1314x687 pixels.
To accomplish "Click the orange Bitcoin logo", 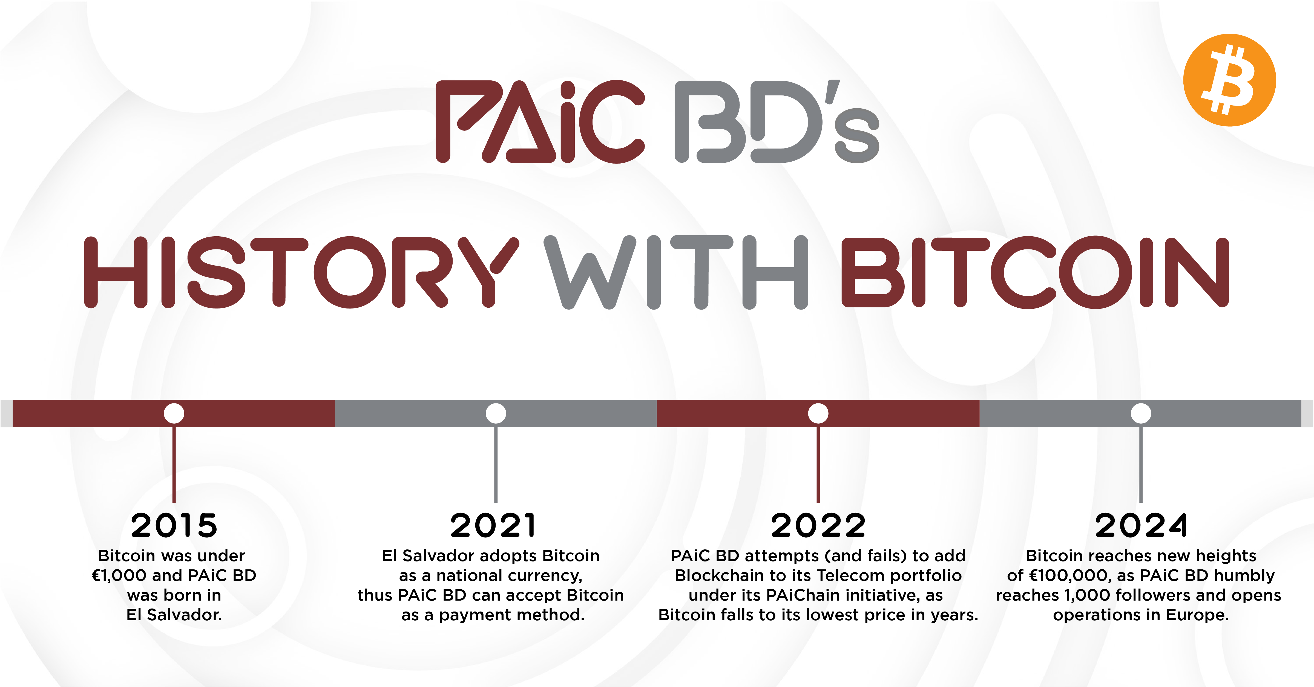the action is click(x=1229, y=80).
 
